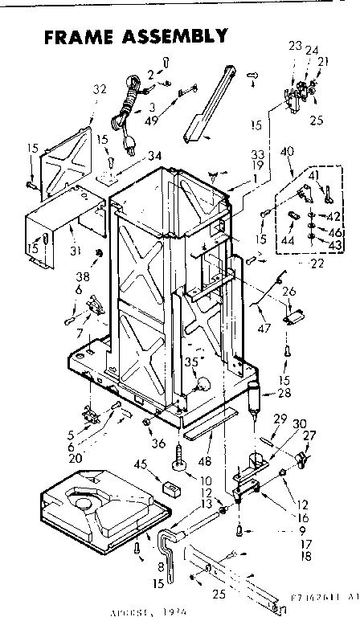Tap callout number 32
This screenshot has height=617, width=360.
100,90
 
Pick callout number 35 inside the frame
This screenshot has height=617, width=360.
190,362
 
